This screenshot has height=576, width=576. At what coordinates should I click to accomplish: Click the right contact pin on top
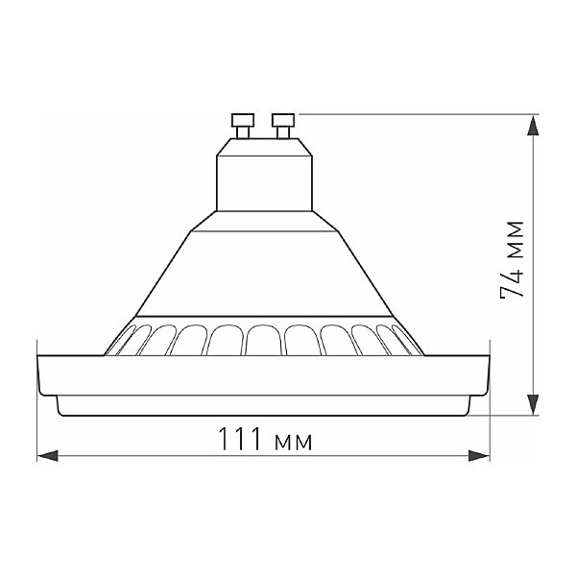pyautogui.click(x=282, y=123)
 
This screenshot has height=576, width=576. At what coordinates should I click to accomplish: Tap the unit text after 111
pyautogui.click(x=293, y=442)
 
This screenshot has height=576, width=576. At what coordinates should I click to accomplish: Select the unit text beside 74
pyautogui.click(x=516, y=240)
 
